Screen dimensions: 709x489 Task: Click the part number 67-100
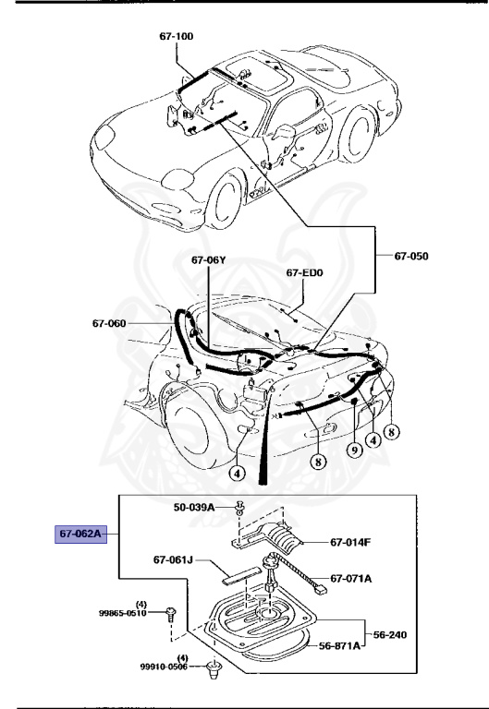pyautogui.click(x=175, y=36)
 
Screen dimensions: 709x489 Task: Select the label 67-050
pyautogui.click(x=412, y=256)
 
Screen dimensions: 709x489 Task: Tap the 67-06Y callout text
pyautogui.click(x=208, y=260)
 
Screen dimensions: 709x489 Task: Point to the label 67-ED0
pyautogui.click(x=305, y=272)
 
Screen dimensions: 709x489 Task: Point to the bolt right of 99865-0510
pyautogui.click(x=173, y=612)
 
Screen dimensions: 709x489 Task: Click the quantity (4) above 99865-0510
pyautogui.click(x=141, y=602)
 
